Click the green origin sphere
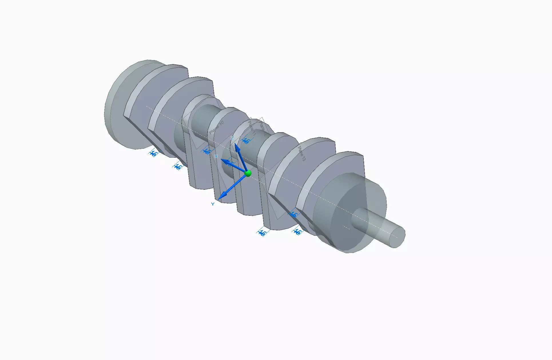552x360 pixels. pos(248,173)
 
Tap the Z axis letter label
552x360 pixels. pos(232,138)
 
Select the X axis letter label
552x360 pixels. pos(216,156)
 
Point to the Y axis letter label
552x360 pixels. pos(213,204)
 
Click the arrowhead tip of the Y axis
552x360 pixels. pos(219,199)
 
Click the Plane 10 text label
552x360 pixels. pos(216,128)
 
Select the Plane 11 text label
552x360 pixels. pos(252,128)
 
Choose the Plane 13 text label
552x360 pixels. pos(302,153)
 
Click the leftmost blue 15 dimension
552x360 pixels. pos(154,153)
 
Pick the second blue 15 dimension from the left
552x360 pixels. pos(178,166)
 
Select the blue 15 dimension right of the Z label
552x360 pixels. pos(245,141)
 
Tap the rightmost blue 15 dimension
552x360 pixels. pos(297,232)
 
